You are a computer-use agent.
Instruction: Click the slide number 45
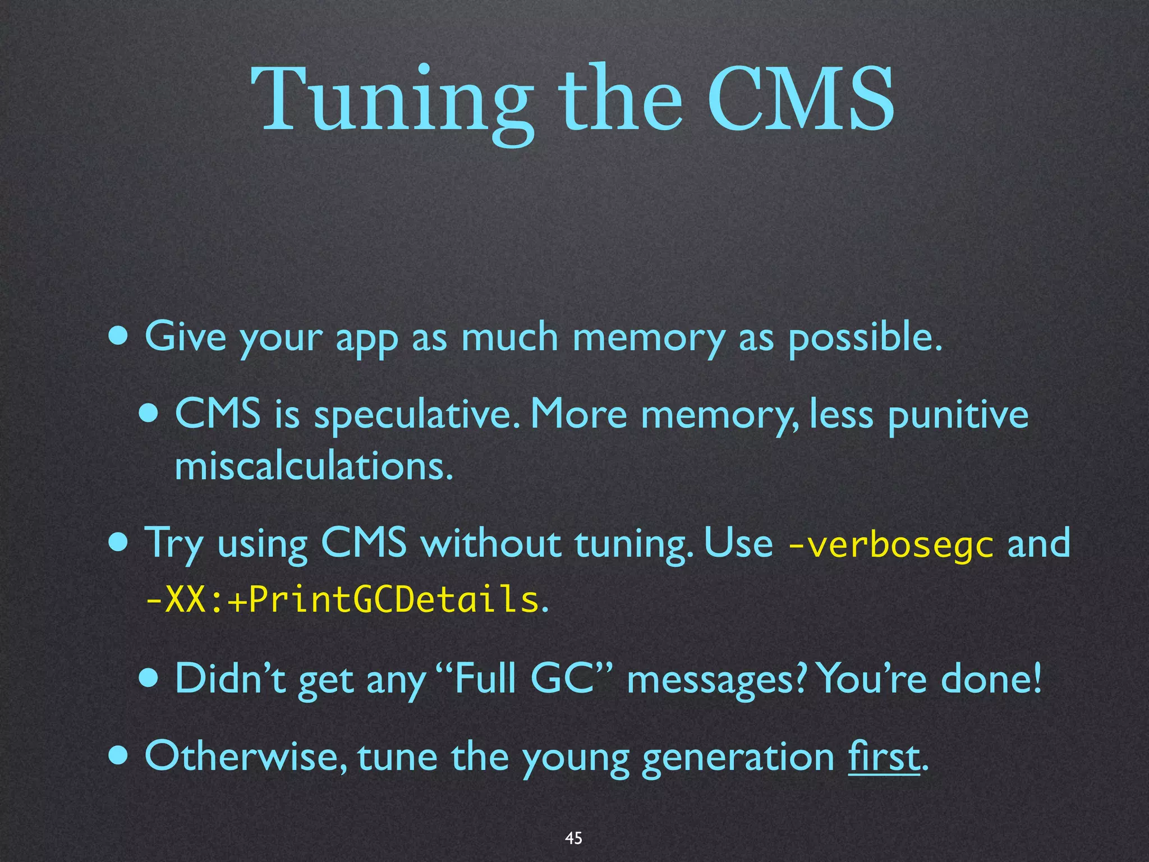[573, 838]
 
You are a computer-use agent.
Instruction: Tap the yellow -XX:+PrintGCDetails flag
[342, 600]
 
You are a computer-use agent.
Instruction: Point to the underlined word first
[884, 757]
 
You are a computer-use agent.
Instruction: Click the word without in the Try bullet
[490, 543]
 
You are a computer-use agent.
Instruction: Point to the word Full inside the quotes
[486, 678]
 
